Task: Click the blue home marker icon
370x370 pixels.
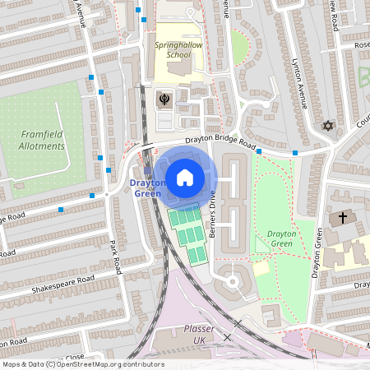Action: click(185, 176)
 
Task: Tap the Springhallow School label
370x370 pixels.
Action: click(173, 49)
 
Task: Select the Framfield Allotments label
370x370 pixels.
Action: click(41, 140)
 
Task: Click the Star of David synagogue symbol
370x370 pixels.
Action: click(328, 127)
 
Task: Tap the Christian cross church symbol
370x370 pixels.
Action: click(343, 219)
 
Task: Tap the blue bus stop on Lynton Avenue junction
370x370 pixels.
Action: click(294, 152)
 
